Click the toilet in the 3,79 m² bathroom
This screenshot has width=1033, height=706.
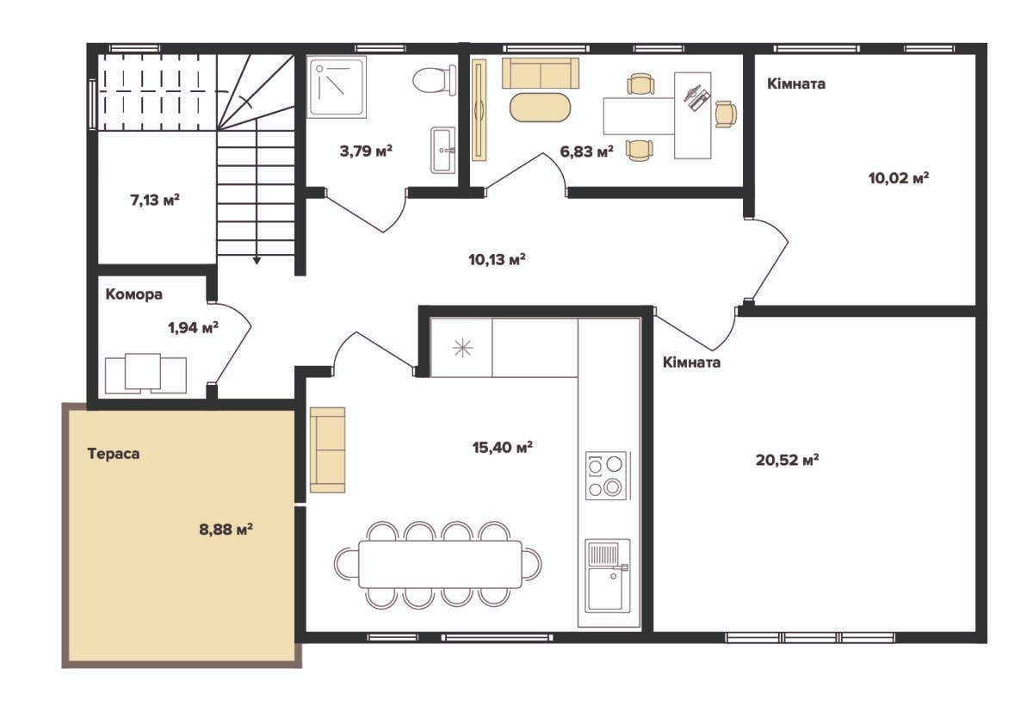(435, 80)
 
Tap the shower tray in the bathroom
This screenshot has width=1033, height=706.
(337, 87)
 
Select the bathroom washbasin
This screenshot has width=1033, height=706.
(442, 151)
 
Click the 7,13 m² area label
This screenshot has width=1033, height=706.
(155, 200)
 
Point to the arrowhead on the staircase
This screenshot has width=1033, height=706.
(257, 261)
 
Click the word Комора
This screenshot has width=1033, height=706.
(134, 294)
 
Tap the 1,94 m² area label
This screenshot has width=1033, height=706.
(193, 328)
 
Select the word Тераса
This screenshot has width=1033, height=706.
(114, 454)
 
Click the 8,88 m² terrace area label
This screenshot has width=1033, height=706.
(226, 529)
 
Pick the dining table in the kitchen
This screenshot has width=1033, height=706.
(440, 564)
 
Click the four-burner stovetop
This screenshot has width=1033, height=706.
(606, 476)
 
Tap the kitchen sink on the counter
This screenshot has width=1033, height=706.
(608, 576)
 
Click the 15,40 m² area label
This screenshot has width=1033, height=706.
(503, 448)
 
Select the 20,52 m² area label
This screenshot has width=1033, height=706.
(787, 460)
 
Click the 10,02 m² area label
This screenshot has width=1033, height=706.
(899, 178)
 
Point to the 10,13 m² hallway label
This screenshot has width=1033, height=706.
(498, 260)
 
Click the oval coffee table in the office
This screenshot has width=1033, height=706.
(540, 108)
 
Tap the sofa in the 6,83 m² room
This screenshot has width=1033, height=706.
(541, 73)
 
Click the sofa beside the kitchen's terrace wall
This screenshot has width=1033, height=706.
(327, 449)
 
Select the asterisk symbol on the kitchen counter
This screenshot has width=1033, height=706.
(462, 348)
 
